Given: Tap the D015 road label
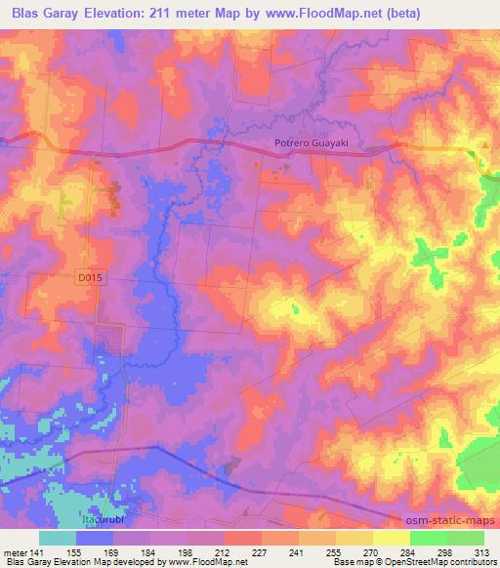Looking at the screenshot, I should (89, 278).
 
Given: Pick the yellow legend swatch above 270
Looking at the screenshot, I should (378, 538).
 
